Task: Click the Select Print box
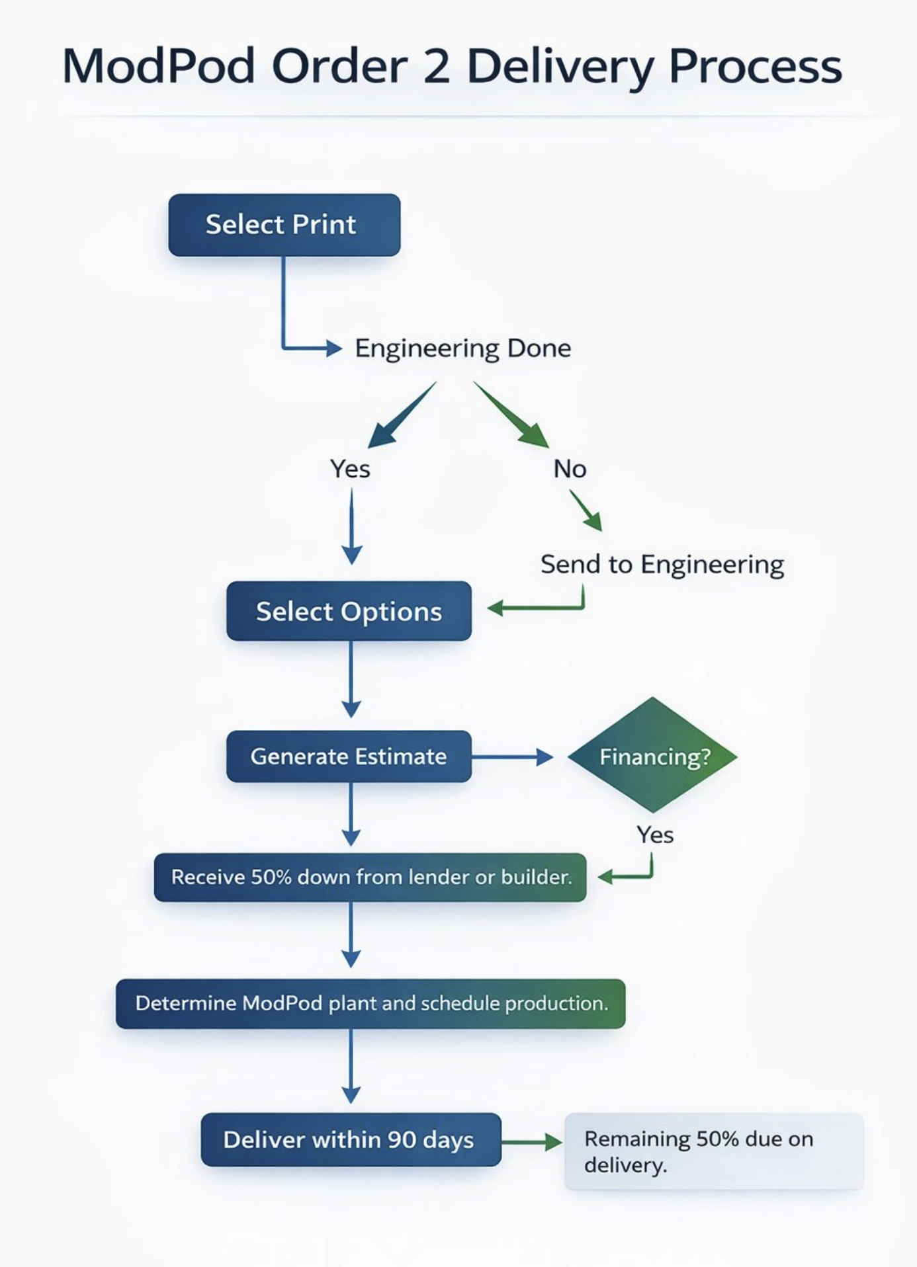[284, 225]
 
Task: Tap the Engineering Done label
[462, 348]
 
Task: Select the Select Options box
[349, 611]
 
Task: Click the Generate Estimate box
[349, 756]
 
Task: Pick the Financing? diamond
[653, 756]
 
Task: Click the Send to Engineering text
[662, 564]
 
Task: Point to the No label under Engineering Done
[570, 469]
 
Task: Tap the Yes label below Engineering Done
[350, 469]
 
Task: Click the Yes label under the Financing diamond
[655, 835]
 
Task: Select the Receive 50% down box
[370, 878]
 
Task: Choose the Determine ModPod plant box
[371, 1004]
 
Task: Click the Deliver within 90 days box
[351, 1140]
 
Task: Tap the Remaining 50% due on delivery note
[713, 1151]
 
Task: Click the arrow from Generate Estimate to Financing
[512, 757]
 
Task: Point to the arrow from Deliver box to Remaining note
[531, 1141]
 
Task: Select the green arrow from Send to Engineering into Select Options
[536, 608]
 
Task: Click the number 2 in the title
[437, 67]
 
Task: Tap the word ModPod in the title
[159, 67]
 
